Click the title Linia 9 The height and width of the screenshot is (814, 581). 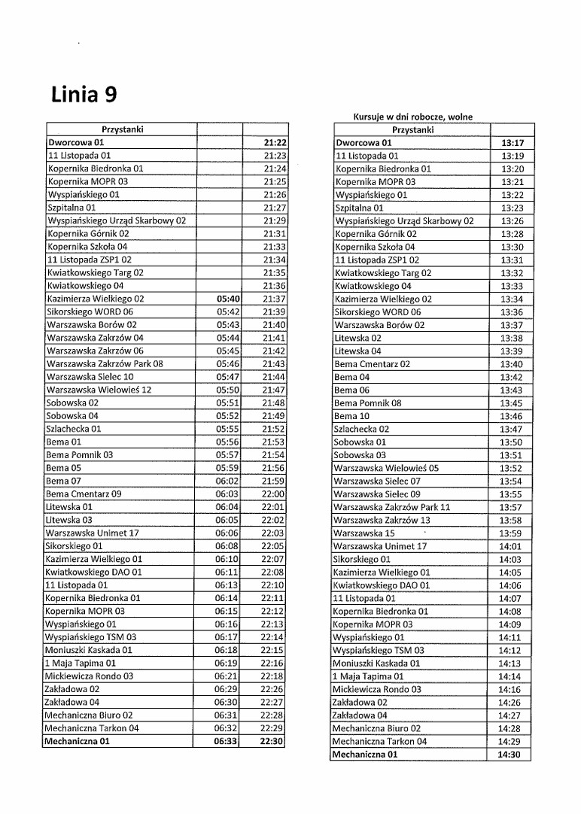click(84, 95)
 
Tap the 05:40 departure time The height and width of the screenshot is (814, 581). click(228, 299)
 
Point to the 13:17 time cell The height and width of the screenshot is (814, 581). click(512, 142)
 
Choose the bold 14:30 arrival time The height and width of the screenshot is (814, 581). click(510, 755)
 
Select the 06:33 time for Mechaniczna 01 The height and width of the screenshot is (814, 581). click(226, 741)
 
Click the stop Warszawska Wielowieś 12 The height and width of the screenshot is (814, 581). click(99, 390)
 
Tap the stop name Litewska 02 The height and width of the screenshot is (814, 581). click(357, 338)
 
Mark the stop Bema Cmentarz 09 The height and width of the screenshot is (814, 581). click(84, 494)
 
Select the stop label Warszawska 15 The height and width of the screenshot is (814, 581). click(364, 533)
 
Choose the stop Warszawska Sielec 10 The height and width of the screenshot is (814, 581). click(90, 377)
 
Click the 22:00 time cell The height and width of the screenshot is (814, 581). click(273, 494)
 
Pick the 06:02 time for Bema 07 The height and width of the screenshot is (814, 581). click(227, 481)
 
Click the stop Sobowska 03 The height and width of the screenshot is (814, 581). click(360, 455)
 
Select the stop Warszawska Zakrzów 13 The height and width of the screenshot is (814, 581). click(382, 521)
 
